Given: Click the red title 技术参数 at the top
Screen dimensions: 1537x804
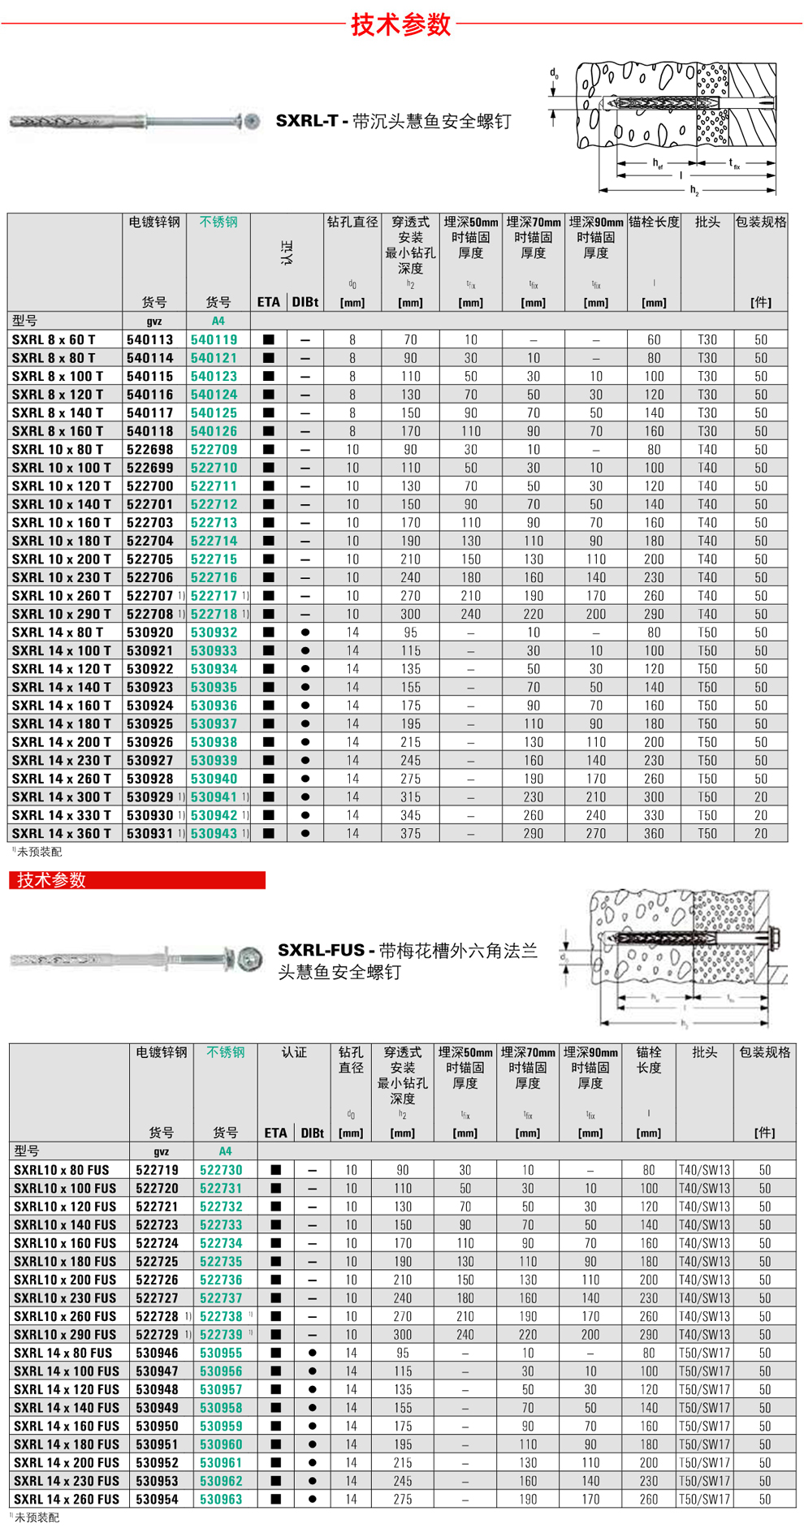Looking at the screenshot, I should tap(401, 24).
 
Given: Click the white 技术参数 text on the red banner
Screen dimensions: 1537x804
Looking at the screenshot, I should tap(52, 880).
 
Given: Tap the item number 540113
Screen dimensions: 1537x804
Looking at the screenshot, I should tap(150, 339).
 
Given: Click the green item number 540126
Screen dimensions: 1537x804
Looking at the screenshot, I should tap(214, 431).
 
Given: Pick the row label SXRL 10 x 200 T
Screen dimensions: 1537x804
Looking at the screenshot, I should tap(62, 559).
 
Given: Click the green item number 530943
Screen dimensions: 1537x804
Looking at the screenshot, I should tap(214, 833).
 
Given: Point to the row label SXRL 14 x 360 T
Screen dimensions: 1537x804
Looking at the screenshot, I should tap(62, 833).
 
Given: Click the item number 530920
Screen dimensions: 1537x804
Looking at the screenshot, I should tap(150, 633).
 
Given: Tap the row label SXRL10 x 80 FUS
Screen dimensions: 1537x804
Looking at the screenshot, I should tap(62, 1170).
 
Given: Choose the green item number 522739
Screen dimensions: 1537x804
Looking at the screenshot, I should tap(221, 1335).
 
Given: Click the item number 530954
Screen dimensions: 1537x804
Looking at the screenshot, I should tap(157, 1499).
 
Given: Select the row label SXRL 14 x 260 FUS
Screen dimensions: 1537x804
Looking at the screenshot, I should tap(67, 1499).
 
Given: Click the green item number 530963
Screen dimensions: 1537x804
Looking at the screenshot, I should tap(221, 1499).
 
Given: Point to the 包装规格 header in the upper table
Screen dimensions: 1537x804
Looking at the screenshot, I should tap(760, 222).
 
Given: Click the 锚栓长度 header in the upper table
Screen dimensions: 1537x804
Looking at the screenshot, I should tap(654, 222).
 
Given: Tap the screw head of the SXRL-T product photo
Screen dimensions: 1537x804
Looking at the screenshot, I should tap(252, 122).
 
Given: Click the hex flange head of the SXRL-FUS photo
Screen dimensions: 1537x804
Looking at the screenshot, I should tap(249, 959).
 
